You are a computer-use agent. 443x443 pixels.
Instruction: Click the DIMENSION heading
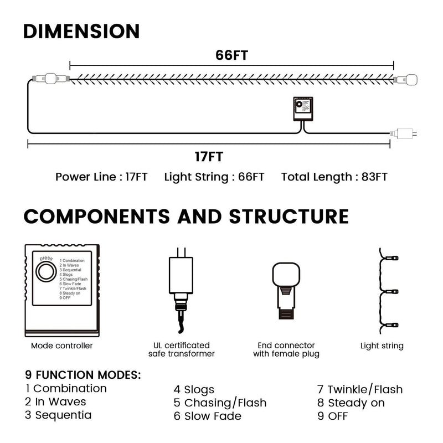pos(81,31)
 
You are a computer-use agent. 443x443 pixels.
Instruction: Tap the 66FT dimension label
pos(231,55)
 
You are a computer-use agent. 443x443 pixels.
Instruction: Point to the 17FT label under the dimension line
pos(209,157)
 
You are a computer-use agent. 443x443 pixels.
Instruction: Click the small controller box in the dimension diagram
pos(303,109)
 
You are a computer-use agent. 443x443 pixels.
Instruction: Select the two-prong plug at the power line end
pos(404,133)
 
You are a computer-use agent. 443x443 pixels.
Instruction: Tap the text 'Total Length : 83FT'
pos(334,177)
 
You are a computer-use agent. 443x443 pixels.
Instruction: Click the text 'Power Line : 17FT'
pos(101,177)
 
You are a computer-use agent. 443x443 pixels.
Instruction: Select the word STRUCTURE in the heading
pos(289,217)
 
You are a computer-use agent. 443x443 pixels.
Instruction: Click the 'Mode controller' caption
pos(62,346)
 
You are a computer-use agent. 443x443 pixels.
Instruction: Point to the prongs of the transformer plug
pos(181,253)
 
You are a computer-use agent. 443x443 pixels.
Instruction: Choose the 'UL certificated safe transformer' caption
pos(182,349)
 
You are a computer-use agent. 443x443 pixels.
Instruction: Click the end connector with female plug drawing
pos(286,291)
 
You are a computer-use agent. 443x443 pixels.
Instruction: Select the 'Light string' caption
pos(382,346)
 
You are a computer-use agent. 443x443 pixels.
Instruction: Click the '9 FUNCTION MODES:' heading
pos(83,375)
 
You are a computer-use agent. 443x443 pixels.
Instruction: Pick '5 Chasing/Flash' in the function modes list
pos(220,403)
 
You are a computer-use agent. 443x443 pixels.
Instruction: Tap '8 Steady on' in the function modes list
pos(351,403)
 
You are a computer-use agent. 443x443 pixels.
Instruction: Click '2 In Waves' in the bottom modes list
pos(55,401)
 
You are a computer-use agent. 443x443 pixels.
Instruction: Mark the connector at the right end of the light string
pos(406,79)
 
